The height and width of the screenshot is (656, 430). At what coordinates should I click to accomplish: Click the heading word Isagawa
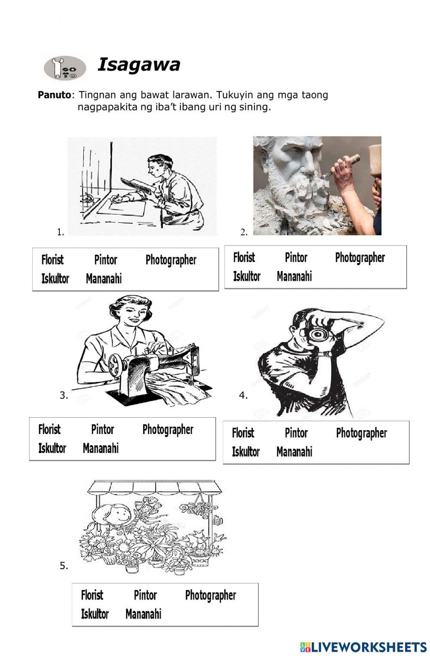tap(139, 65)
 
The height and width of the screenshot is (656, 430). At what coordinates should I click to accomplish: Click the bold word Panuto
tap(54, 95)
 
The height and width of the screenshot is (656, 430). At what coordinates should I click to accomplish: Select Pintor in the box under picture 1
tap(105, 260)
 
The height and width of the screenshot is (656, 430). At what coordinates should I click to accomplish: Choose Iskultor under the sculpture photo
tap(246, 276)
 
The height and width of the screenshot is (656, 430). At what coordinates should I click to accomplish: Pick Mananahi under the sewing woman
tap(101, 448)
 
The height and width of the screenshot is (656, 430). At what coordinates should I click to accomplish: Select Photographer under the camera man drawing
tap(361, 433)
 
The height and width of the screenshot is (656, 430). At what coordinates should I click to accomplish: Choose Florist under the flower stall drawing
tap(92, 595)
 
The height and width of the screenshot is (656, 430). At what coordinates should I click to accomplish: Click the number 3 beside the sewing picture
tap(63, 395)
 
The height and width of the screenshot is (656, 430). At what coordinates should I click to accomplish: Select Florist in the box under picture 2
tap(244, 258)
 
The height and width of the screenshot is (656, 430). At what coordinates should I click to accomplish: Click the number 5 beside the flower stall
tap(63, 566)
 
